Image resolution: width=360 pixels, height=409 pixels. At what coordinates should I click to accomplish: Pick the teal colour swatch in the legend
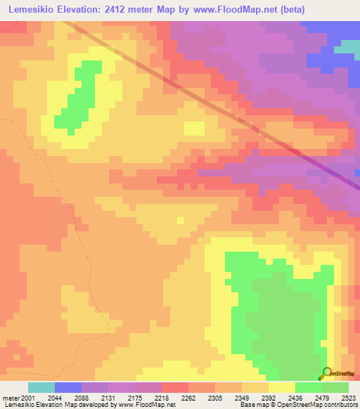point(41,388)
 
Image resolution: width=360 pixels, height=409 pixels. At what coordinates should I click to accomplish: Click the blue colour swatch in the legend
point(67,388)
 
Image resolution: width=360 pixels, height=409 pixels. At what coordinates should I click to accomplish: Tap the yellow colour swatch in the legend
point(282,388)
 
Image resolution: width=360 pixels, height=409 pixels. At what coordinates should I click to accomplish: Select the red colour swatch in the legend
point(174,388)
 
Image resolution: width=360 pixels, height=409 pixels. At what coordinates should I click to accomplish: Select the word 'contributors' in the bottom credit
point(339,405)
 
